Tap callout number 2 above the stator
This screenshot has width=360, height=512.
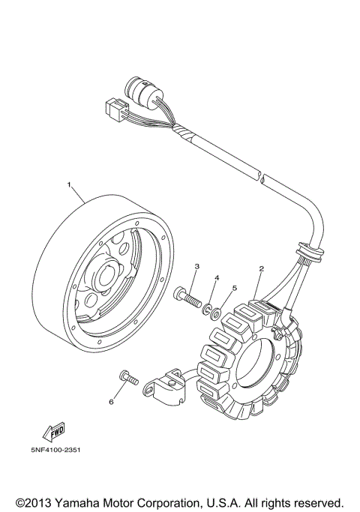click(x=261, y=268)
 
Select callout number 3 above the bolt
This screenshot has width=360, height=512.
click(x=197, y=266)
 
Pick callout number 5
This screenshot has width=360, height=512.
click(x=233, y=287)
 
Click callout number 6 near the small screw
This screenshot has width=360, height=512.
click(x=110, y=402)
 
